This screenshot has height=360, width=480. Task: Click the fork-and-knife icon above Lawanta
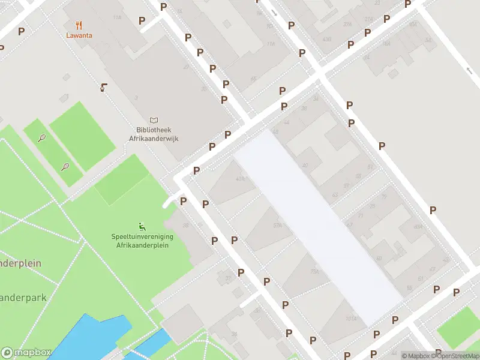pyautogui.click(x=79, y=25)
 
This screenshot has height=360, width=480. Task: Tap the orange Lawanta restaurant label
pyautogui.click(x=79, y=35)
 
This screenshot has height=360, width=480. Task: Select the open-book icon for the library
pyautogui.click(x=155, y=121)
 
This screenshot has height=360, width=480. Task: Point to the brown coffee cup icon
pyautogui.click(x=104, y=88)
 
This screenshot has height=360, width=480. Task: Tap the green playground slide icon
pyautogui.click(x=142, y=226)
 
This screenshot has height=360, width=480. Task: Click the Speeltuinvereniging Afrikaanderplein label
pyautogui.click(x=142, y=241)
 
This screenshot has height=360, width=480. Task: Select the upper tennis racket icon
pyautogui.click(x=42, y=138)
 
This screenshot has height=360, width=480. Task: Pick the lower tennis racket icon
pyautogui.click(x=65, y=167)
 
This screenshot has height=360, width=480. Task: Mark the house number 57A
pyautogui.click(x=277, y=226)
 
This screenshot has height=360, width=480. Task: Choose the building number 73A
pyautogui.click(x=314, y=272)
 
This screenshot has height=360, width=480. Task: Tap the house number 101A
pyautogui.click(x=351, y=319)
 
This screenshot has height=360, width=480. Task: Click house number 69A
pyautogui.click(x=418, y=227)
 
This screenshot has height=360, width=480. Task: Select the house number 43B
pyautogui.click(x=327, y=39)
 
